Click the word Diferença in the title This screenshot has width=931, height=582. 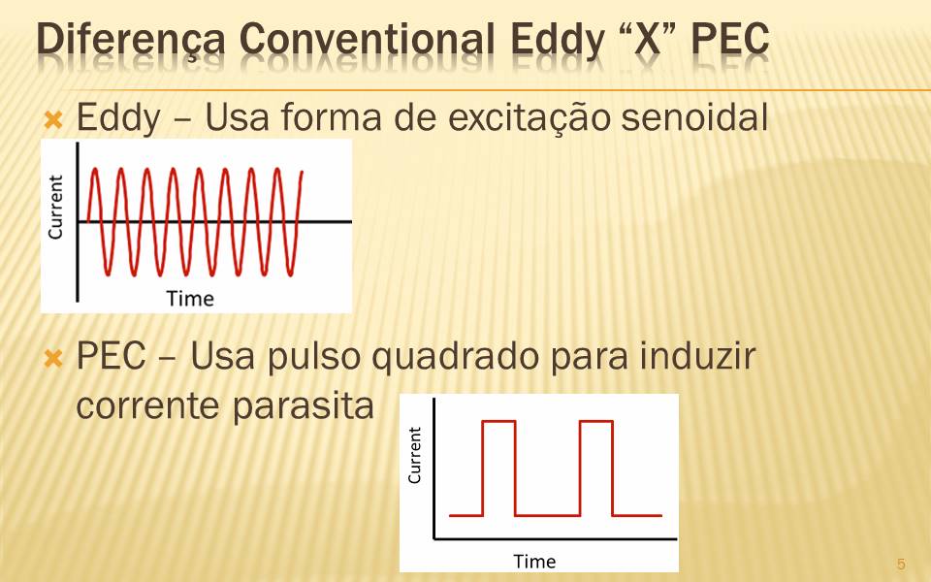coord(131,41)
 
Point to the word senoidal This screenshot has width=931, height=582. coord(694,116)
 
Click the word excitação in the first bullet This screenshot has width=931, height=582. coord(529,118)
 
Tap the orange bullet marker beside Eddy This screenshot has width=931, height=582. coord(53,120)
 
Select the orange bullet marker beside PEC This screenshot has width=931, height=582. coord(53,358)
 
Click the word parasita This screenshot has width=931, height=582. coord(303,406)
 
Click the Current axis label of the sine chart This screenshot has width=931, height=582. coord(55,207)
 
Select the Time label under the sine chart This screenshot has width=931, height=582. coord(190,298)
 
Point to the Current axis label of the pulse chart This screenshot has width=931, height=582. coord(414,455)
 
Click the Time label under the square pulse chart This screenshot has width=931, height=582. coord(534,562)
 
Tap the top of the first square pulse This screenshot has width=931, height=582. coord(498,422)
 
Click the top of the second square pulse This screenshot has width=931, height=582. coord(596,422)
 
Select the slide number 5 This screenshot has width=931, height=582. coord(901,564)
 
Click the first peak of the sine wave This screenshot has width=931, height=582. coord(95,169)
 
